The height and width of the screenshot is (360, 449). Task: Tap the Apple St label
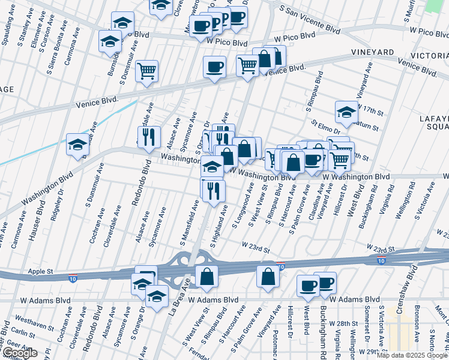point(40,272)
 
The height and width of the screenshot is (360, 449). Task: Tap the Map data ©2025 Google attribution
point(412,355)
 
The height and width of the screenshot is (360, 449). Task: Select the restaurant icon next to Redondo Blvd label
point(149,137)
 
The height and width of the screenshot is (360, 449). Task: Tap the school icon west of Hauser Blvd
point(77,145)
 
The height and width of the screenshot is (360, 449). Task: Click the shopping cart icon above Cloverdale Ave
point(146,71)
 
